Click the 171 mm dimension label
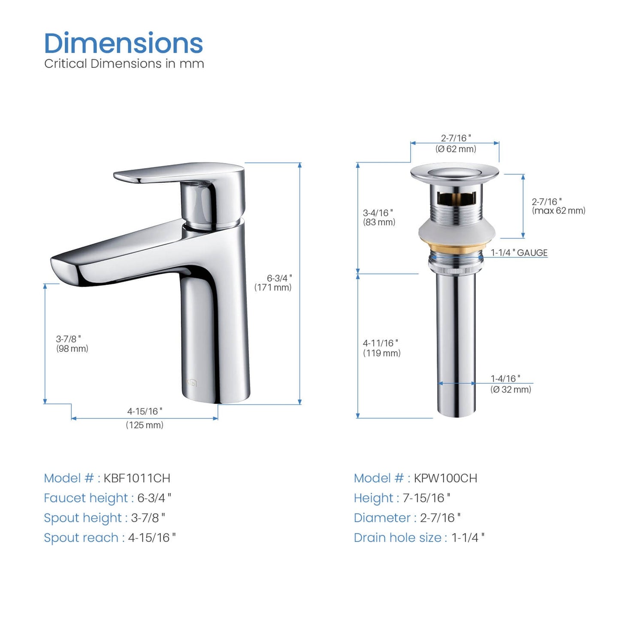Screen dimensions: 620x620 (273, 287)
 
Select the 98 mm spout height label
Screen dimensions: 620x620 (72, 348)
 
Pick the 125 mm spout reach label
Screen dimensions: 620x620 (145, 425)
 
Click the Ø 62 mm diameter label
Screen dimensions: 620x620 (456, 149)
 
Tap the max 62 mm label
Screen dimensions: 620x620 (558, 211)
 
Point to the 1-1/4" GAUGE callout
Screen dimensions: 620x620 (519, 253)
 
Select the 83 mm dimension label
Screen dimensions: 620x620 (379, 222)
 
